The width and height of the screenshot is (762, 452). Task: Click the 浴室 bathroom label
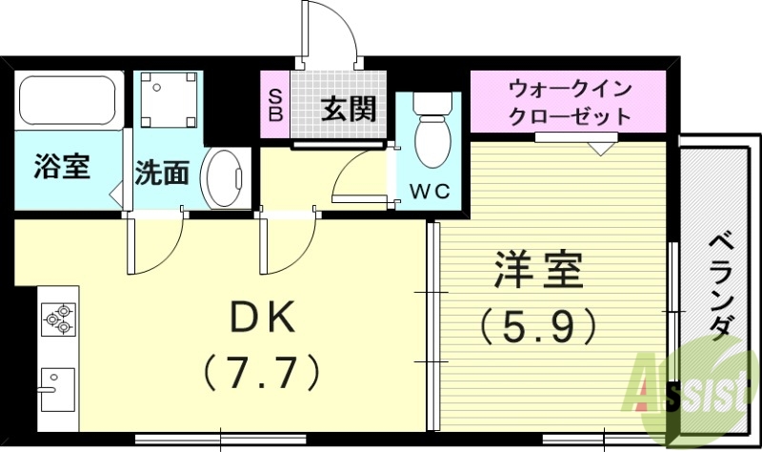coord(62,167)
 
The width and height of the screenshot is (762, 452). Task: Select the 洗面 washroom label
coord(161,173)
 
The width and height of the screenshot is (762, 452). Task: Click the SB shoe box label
coord(274,105)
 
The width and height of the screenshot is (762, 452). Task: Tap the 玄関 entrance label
coord(348,110)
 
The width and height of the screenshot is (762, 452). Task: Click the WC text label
coord(428,190)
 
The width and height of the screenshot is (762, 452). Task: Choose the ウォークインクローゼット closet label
coord(570,103)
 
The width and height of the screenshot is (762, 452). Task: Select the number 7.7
coord(260,373)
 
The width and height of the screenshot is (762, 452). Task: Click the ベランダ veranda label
coord(720,285)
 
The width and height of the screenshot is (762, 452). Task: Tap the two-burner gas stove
coord(58,318)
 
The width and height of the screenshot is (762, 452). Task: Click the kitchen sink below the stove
coord(56,387)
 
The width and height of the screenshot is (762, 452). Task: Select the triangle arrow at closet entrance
coord(599,148)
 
